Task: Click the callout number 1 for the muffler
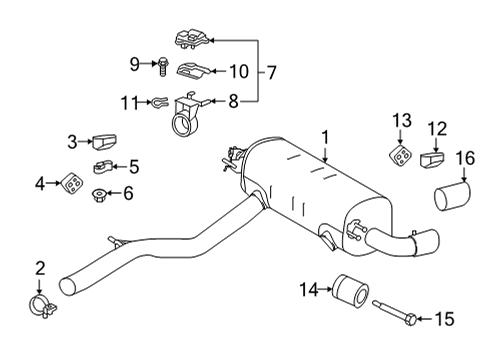pyautogui.click(x=325, y=134)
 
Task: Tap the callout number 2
pyautogui.click(x=39, y=267)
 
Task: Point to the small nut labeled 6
pyautogui.click(x=101, y=193)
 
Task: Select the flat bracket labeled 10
pyautogui.click(x=191, y=70)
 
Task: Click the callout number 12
pyautogui.click(x=437, y=128)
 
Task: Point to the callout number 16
pyautogui.click(x=465, y=157)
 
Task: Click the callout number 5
pyautogui.click(x=134, y=166)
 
